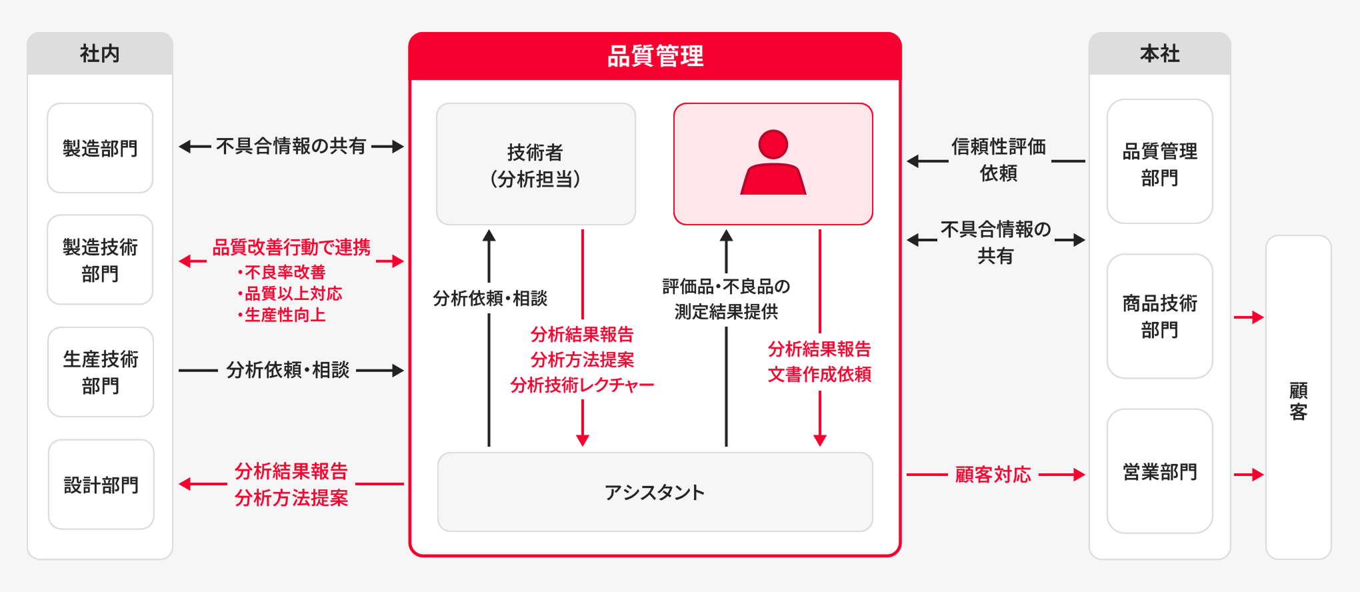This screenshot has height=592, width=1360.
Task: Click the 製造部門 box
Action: click(x=100, y=148)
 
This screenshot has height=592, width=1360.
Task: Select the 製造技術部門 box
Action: click(x=100, y=260)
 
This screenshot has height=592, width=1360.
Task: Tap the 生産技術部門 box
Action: click(x=101, y=372)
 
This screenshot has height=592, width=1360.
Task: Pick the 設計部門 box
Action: click(x=101, y=485)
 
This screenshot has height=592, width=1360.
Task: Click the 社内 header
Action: click(x=100, y=53)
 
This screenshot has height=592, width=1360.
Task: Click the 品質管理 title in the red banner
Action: click(x=655, y=56)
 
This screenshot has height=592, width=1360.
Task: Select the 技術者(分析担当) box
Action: click(x=535, y=165)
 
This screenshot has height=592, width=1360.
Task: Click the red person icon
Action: click(x=773, y=163)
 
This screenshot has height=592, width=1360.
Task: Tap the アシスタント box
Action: click(x=655, y=492)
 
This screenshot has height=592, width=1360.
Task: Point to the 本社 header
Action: click(x=1159, y=53)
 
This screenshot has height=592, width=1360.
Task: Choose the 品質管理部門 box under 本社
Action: click(x=1159, y=162)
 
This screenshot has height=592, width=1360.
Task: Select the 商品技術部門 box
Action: click(x=1159, y=316)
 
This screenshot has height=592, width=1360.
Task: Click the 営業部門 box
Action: click(x=1159, y=472)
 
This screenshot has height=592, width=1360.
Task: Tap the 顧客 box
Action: click(x=1298, y=400)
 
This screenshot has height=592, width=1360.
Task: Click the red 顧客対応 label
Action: click(x=993, y=475)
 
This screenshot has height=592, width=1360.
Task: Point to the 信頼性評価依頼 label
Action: click(x=998, y=160)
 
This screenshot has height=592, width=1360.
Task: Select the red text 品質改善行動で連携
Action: click(x=291, y=247)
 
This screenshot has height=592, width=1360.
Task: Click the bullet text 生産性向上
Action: click(x=285, y=315)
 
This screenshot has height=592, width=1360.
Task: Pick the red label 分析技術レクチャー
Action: click(x=582, y=385)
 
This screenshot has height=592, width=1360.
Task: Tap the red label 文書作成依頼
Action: click(x=819, y=374)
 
